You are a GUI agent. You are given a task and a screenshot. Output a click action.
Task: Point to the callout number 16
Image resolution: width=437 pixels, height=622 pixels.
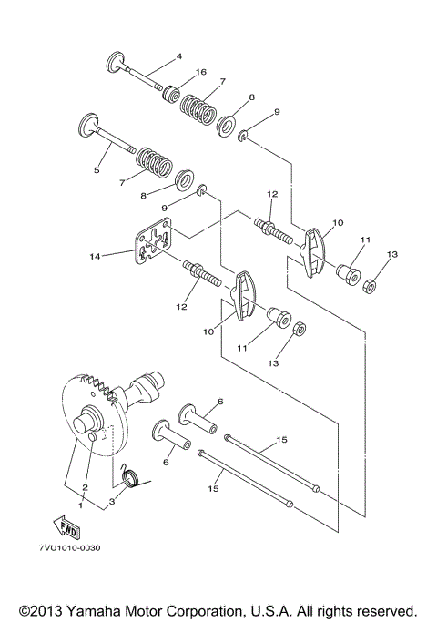click(x=201, y=71)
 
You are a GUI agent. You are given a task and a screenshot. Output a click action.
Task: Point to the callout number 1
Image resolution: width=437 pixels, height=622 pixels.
click(x=81, y=504)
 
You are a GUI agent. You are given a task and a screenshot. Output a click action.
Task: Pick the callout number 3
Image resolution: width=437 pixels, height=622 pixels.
click(x=111, y=502)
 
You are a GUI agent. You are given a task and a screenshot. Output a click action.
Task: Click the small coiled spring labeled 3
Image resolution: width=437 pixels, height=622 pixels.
click(x=129, y=474)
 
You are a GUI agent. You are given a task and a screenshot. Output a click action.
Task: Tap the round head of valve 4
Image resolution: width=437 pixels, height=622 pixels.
click(x=115, y=63)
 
